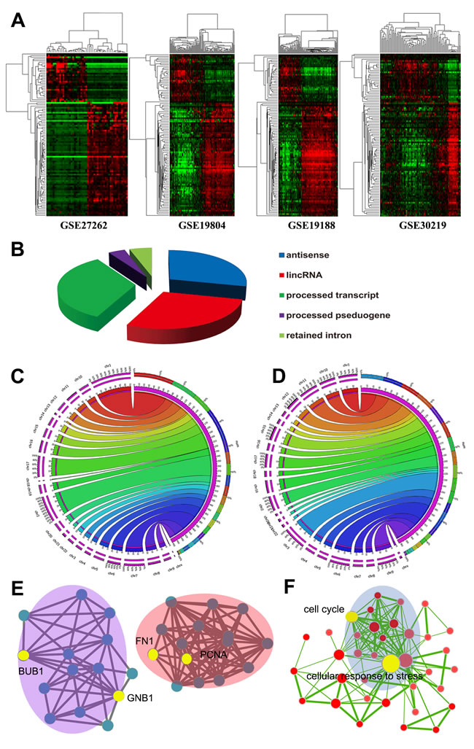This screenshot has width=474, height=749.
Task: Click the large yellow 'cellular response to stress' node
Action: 389,663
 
